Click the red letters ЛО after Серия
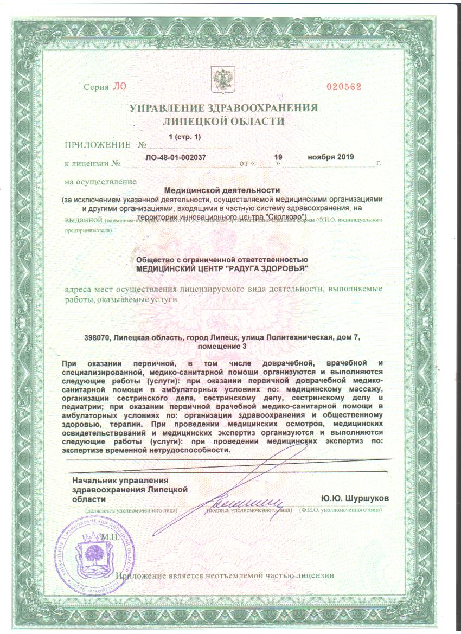pyautogui.click(x=118, y=87)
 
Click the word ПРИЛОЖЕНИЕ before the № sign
pyautogui.click(x=98, y=145)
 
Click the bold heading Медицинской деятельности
pyautogui.click(x=221, y=190)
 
